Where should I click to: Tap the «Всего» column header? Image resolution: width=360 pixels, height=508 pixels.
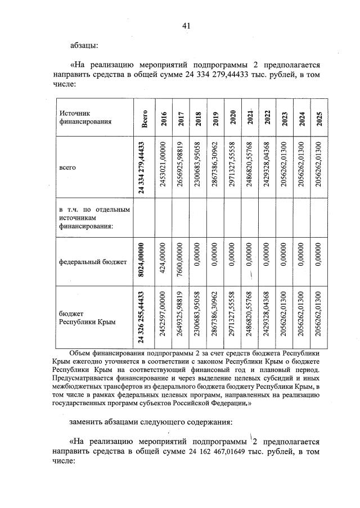click(x=145, y=118)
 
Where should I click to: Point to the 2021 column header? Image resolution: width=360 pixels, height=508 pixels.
click(x=250, y=118)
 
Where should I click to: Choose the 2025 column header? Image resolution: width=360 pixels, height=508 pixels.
click(x=319, y=118)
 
